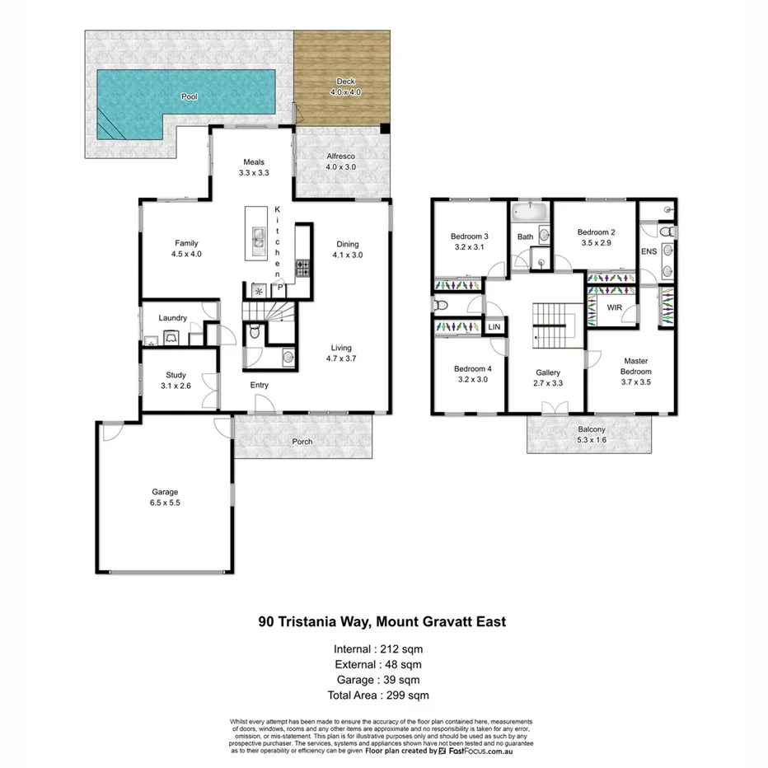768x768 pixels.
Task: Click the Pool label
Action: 190,96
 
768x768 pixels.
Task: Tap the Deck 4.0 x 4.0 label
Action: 344,87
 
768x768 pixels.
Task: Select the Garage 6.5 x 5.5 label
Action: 164,497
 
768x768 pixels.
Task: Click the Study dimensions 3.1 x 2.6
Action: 175,386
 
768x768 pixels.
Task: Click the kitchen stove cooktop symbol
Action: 302,267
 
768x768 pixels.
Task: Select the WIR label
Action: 614,307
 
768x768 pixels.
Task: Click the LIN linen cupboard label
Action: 494,327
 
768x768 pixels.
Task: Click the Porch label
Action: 302,442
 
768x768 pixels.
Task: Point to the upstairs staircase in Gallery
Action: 552,324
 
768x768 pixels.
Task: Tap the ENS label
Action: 649,251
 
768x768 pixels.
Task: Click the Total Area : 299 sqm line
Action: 380,695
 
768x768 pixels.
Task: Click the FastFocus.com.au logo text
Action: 485,751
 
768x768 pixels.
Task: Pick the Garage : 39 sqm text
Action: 380,680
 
